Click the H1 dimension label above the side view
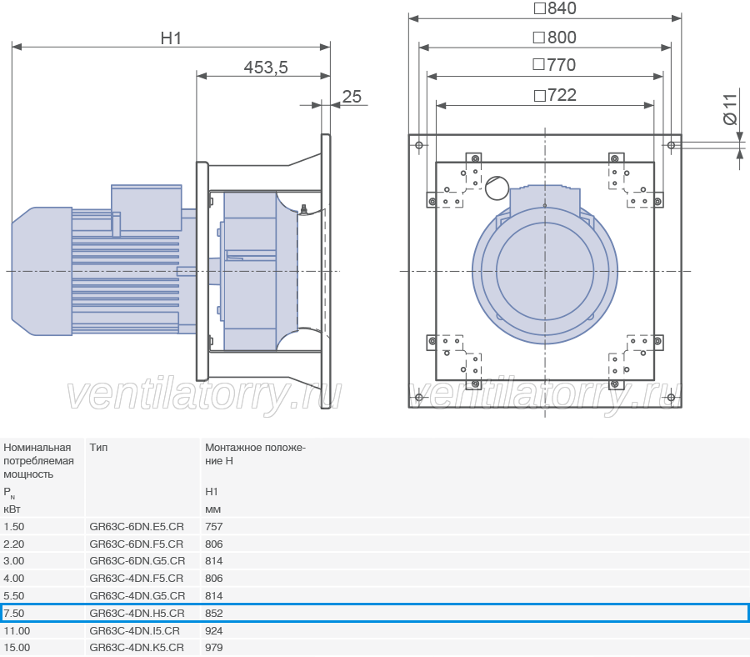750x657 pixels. pos(171,38)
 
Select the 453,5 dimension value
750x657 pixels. pos(266,68)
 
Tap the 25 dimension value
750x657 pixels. pos(352,97)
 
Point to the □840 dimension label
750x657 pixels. pos(555,8)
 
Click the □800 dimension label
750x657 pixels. pos(555,38)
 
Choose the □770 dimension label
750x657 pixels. pos(554,65)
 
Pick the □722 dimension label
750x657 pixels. pos(555,95)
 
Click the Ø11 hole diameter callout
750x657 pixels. pos(730,109)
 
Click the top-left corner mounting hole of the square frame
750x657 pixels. pos(419,145)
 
